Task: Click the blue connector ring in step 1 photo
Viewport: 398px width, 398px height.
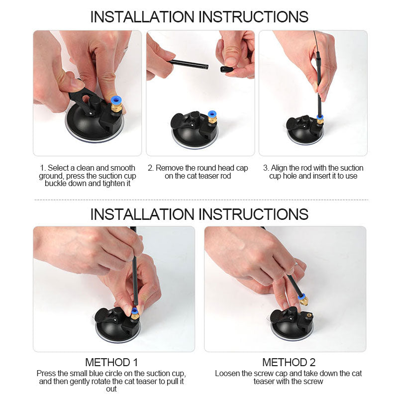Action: click(116, 100)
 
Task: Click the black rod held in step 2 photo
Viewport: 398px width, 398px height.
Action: click(189, 64)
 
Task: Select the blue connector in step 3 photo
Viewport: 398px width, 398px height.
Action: click(320, 117)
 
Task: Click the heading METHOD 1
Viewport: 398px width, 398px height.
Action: click(111, 362)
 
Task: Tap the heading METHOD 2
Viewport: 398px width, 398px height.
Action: click(289, 362)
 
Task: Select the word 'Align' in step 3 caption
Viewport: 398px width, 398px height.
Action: click(279, 168)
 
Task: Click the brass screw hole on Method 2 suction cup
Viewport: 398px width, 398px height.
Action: click(309, 316)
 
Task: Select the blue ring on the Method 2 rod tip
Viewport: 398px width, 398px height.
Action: click(301, 296)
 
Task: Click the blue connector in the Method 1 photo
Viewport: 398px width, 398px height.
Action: click(134, 311)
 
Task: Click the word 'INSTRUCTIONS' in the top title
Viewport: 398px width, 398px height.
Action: click(253, 17)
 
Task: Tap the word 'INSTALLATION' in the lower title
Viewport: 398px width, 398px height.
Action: click(142, 214)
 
